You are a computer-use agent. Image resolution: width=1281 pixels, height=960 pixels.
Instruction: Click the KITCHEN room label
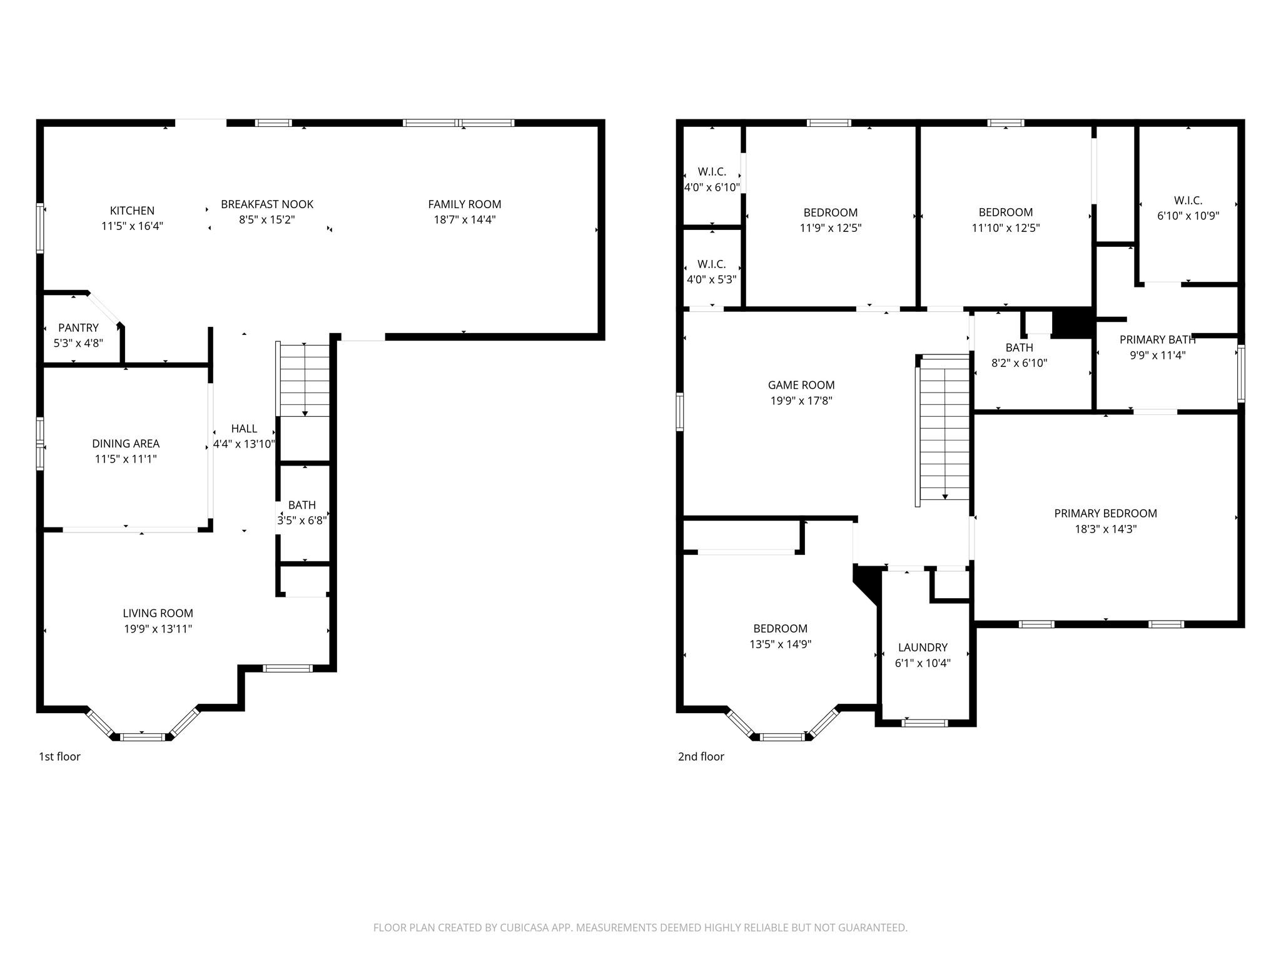132,211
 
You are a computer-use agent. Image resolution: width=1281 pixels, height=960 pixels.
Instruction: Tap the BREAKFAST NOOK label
267,204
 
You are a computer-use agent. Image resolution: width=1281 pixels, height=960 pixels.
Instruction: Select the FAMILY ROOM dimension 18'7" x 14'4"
465,219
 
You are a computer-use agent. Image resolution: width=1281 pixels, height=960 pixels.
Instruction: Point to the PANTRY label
78,327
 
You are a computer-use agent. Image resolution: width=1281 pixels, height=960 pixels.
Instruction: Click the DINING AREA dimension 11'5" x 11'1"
125,459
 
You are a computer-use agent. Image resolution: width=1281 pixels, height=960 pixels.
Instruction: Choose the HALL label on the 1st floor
244,429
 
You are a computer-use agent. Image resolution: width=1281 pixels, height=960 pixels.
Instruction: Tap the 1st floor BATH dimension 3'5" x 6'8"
302,520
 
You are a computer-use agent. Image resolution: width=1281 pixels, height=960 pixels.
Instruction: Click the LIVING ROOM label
158,613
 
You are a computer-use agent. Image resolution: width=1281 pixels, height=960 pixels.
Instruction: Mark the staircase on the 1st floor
304,380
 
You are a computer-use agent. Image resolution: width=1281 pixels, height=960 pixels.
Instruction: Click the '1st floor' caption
59,756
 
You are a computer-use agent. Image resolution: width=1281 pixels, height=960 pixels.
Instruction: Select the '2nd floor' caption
701,756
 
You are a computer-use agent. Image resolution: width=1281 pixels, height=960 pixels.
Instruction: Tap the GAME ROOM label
801,385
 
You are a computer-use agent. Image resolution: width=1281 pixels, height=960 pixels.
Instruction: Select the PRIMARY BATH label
1157,340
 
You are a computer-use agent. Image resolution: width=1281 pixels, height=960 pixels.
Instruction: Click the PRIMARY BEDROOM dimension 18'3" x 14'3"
1105,529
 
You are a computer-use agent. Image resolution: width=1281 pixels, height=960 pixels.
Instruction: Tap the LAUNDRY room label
923,647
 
